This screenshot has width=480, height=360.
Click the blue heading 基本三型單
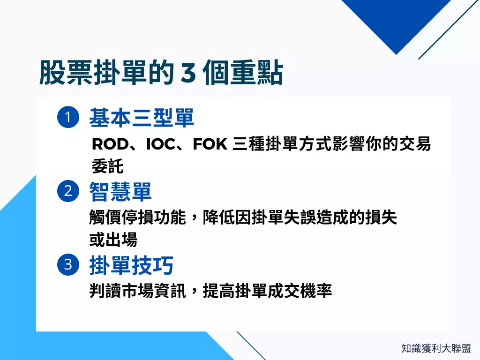pyautogui.click(x=142, y=118)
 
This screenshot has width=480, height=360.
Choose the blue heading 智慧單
pyautogui.click(x=120, y=191)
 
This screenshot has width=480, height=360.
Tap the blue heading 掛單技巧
pyautogui.click(x=131, y=265)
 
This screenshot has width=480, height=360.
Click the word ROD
pyautogui.click(x=110, y=145)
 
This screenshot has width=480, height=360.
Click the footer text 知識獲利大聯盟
pyautogui.click(x=436, y=348)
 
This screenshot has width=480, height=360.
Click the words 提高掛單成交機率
pyautogui.click(x=267, y=291)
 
